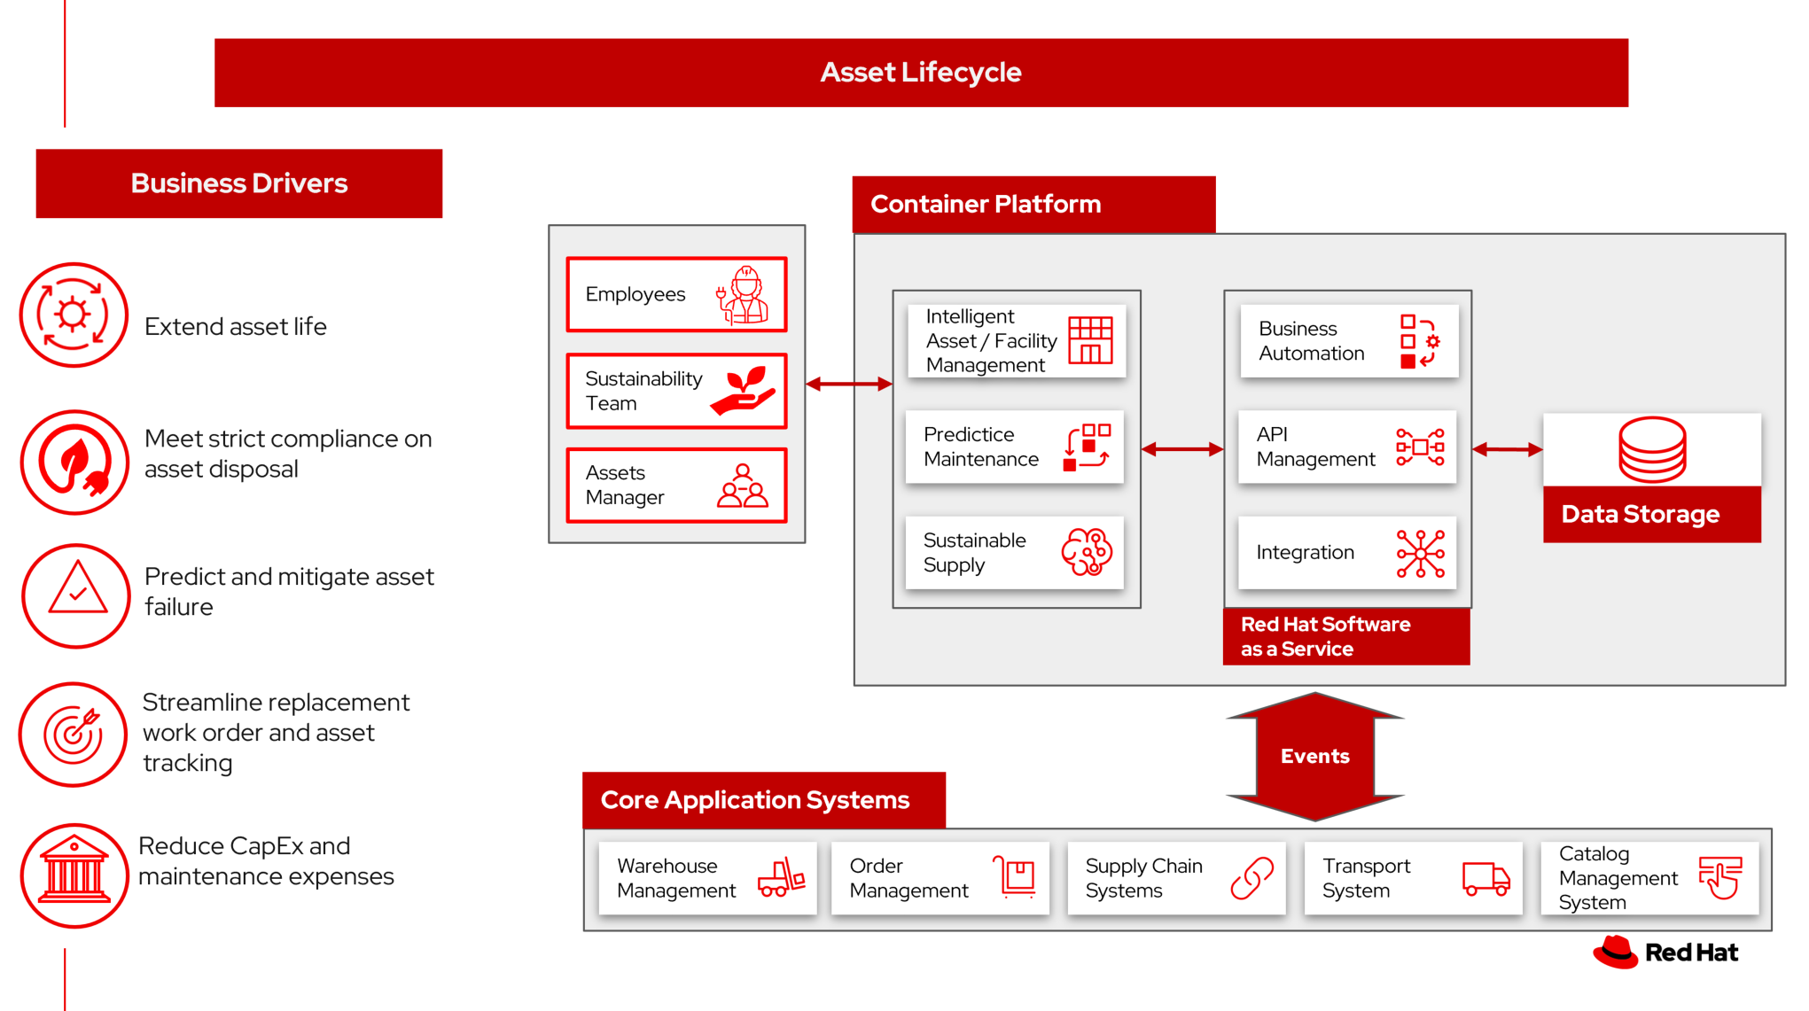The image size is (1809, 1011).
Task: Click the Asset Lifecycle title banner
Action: pos(920,73)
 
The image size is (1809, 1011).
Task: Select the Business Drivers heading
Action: pos(238,183)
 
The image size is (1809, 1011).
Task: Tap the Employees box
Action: pos(676,294)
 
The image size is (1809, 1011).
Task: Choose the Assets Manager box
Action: pos(676,486)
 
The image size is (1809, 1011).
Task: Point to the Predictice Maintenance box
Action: pos(1014,447)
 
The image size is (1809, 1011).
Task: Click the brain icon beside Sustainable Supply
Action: pos(1087,552)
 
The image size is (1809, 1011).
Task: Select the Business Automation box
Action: pos(1348,341)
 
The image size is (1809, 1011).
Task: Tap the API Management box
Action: pos(1346,447)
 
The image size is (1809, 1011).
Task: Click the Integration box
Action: pos(1346,552)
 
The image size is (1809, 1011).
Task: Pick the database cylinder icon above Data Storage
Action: pos(1652,449)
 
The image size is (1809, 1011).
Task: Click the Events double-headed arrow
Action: pos(1314,756)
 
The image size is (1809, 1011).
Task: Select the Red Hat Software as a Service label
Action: pos(1345,636)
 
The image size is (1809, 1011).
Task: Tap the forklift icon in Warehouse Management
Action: pos(781,877)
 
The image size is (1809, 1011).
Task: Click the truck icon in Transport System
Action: pos(1485,878)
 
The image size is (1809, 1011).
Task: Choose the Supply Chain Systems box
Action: pos(1176,878)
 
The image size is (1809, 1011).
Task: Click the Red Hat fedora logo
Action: pos(1615,953)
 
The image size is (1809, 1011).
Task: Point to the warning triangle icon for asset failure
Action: pos(77,590)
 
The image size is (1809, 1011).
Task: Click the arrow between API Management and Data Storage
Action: pos(1507,449)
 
